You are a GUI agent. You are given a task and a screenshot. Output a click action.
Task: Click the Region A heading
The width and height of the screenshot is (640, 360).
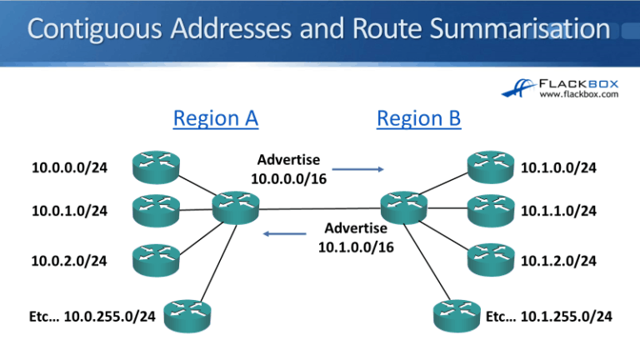pyautogui.click(x=215, y=118)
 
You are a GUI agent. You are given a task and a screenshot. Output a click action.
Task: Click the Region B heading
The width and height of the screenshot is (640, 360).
pyautogui.click(x=418, y=118)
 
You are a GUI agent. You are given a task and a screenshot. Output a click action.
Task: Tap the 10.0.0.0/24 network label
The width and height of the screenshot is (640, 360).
pyautogui.click(x=69, y=168)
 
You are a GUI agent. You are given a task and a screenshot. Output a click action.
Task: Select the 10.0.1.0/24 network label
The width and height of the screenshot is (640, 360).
pyautogui.click(x=69, y=211)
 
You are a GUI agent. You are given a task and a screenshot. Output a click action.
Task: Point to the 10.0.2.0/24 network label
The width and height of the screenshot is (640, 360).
pyautogui.click(x=69, y=261)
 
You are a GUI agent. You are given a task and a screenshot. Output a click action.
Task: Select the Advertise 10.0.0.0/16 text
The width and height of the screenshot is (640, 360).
pyautogui.click(x=287, y=168)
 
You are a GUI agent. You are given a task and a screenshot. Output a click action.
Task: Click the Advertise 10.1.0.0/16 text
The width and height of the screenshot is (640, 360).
pyautogui.click(x=356, y=237)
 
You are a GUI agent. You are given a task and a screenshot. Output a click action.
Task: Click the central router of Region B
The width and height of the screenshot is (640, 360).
pyautogui.click(x=403, y=204)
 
